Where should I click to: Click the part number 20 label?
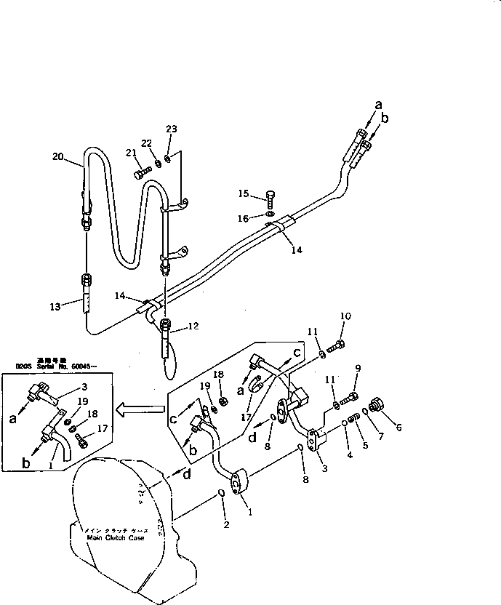(58, 156)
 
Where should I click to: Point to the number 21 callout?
(131, 153)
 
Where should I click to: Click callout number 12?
(193, 326)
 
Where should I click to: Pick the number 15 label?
(244, 193)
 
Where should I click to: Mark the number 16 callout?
(245, 217)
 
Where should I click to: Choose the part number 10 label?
(345, 316)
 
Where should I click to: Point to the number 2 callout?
(225, 526)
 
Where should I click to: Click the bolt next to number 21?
(142, 173)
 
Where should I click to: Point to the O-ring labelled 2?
(220, 494)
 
